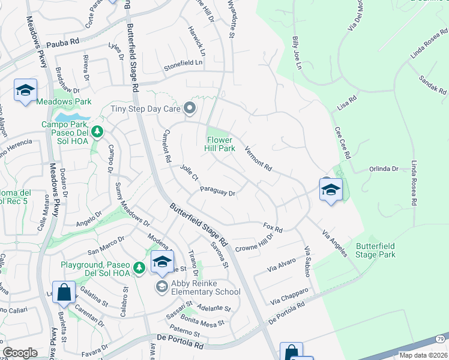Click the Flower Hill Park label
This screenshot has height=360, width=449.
click(x=220, y=144)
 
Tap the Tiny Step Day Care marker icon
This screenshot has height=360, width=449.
click(x=190, y=109)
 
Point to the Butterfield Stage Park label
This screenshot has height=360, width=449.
click(x=384, y=250)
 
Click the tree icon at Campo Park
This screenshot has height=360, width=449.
click(x=97, y=131)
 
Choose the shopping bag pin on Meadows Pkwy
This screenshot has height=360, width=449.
click(x=64, y=293)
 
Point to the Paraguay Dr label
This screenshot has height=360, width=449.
click(x=217, y=193)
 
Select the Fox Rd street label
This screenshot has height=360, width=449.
click(x=273, y=227)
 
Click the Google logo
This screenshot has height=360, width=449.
click(x=20, y=353)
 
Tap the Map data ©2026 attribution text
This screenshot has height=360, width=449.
click(x=423, y=355)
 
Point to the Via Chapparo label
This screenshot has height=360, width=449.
click(x=289, y=295)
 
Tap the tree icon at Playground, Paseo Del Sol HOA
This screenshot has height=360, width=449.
click(x=139, y=266)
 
